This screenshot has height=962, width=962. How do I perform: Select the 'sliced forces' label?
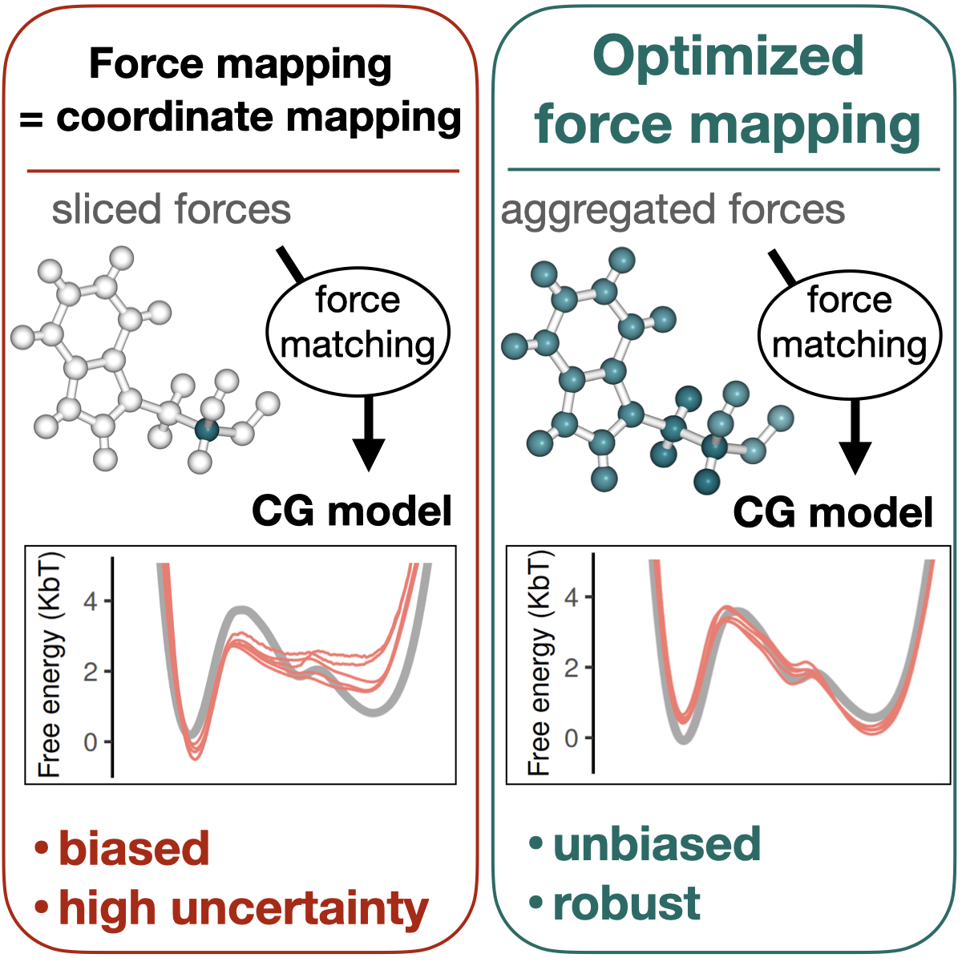pos(171,210)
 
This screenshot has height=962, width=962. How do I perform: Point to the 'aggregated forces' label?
pos(673,210)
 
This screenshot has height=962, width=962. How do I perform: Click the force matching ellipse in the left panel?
pos(358,333)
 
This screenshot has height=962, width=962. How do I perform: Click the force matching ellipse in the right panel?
pos(850,333)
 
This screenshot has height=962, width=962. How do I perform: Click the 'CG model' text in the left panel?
pos(352,511)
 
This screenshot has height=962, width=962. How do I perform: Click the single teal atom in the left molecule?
pos(207,430)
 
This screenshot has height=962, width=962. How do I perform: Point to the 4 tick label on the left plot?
pos(91,601)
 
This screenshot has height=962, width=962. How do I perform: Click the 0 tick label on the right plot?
pos(572,738)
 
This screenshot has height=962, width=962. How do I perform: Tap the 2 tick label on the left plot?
pos(91,672)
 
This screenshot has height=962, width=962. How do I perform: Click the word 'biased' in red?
pos(134,848)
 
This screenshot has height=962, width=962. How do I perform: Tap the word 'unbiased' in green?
pos(657,844)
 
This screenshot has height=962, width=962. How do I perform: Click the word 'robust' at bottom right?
pos(626,903)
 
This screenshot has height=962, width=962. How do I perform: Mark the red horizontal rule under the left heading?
pos(243,171)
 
